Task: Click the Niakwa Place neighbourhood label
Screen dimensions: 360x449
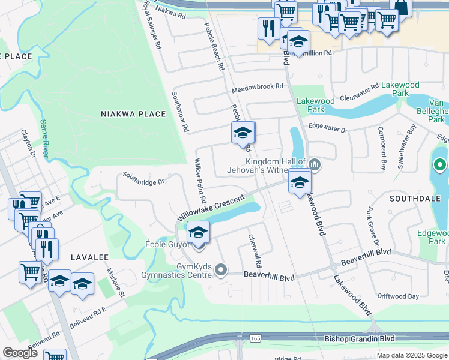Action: click(x=133, y=114)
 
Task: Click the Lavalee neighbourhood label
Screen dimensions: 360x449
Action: click(x=89, y=257)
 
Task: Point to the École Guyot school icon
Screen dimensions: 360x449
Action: click(x=199, y=232)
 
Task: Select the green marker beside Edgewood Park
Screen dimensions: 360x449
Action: click(x=439, y=164)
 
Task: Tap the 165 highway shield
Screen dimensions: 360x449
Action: click(x=256, y=339)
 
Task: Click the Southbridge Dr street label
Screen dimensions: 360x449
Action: click(x=143, y=178)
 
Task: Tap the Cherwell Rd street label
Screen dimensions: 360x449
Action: click(x=255, y=250)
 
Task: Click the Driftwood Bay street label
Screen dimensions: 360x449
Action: click(x=398, y=296)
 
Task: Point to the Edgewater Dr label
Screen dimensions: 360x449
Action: click(x=328, y=128)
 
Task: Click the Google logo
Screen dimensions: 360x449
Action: click(x=20, y=353)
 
